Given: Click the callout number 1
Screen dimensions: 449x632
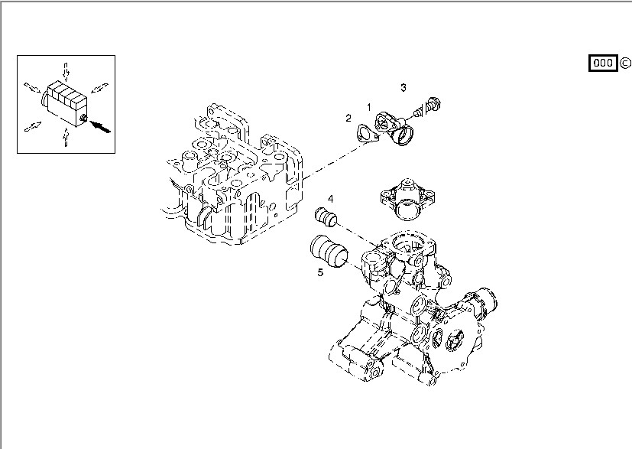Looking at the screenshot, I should [368, 108].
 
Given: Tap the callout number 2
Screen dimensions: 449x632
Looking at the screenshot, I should [348, 118].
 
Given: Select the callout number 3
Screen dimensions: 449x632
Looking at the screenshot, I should [404, 87].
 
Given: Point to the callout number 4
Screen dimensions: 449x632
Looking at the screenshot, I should [330, 200].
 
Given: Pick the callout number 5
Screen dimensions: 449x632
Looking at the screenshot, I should [321, 271].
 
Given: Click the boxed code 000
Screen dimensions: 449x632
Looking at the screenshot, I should [602, 63].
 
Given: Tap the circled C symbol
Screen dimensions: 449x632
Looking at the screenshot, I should [624, 63].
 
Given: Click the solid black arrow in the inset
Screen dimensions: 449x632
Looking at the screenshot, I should [101, 125].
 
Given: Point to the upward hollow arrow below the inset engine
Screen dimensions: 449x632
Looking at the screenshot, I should [66, 136].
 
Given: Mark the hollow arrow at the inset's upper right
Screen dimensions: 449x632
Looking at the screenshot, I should [99, 86].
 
